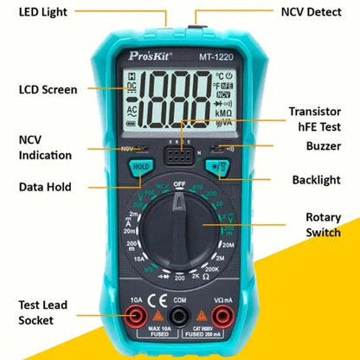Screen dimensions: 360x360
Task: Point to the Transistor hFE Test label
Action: click(x=316, y=118)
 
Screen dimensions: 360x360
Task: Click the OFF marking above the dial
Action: click(x=179, y=183)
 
